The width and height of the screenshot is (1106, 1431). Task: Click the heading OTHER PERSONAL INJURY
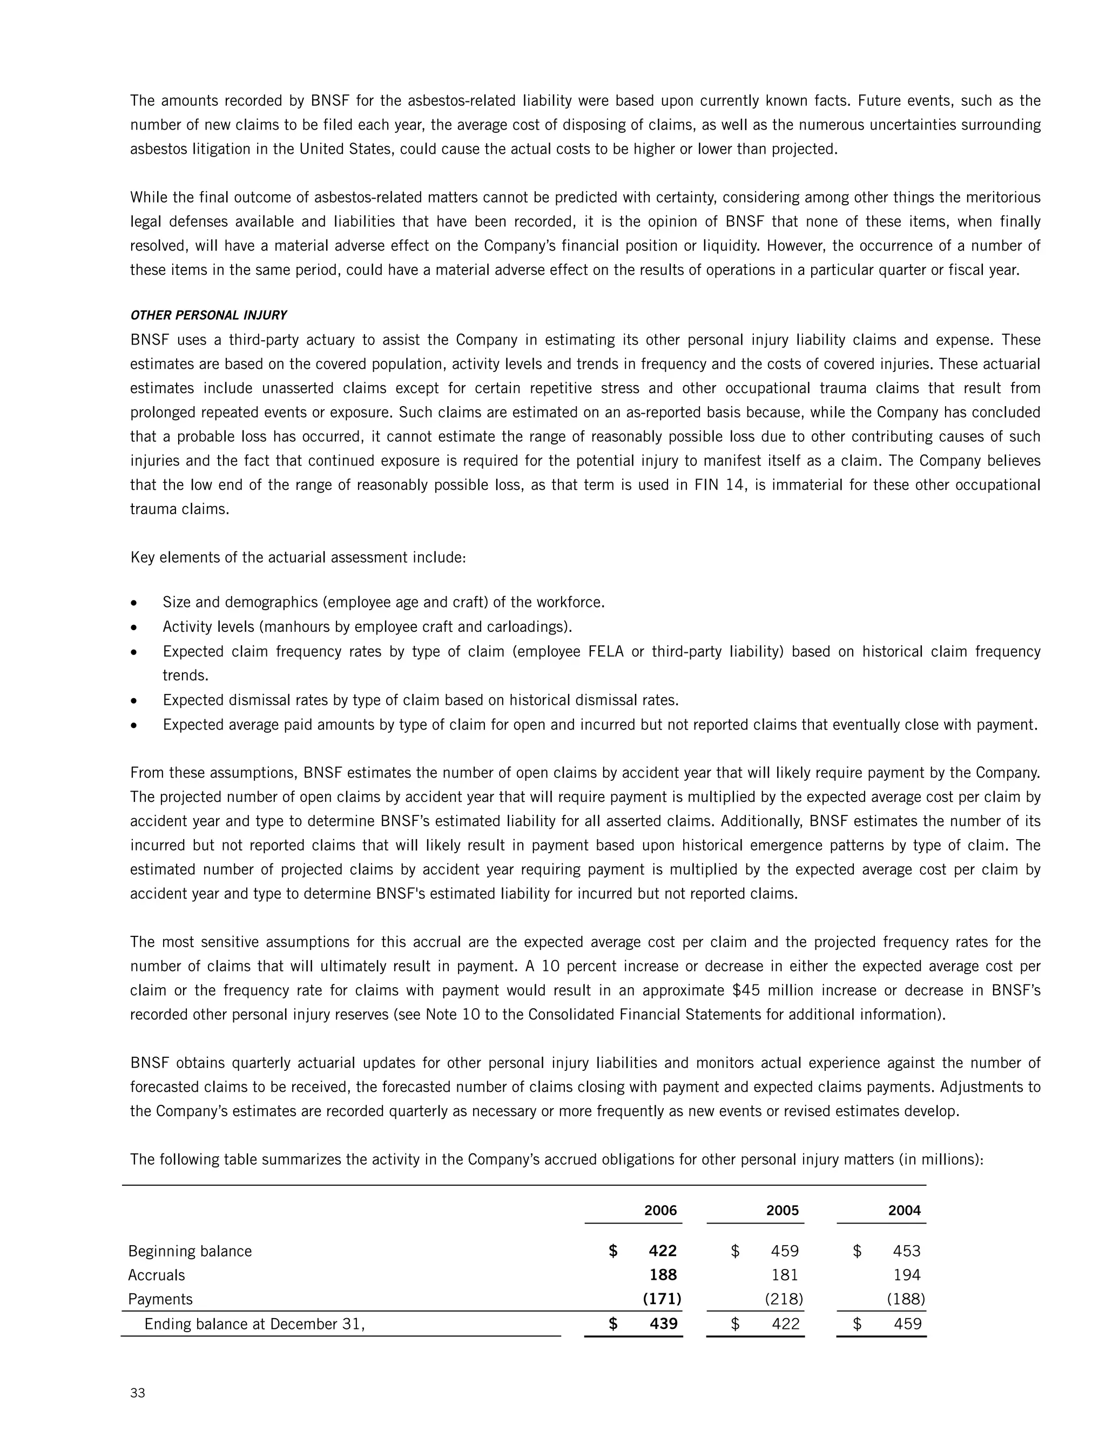[208, 315]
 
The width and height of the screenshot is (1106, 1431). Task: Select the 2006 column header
[660, 1210]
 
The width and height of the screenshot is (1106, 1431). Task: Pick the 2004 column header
[904, 1210]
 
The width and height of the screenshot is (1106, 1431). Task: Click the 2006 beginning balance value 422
[663, 1251]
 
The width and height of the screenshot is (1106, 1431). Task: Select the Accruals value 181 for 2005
[785, 1275]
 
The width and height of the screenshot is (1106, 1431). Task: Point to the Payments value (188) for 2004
[906, 1299]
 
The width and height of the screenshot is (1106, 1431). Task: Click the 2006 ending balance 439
[663, 1324]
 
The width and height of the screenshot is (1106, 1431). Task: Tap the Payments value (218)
[784, 1299]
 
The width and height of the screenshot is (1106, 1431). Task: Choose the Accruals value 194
[907, 1275]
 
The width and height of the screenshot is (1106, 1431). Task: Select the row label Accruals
[157, 1275]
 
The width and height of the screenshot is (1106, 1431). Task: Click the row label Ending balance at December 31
[254, 1324]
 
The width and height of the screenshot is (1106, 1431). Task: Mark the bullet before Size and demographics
[134, 602]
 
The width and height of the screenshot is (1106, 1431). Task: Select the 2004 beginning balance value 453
[907, 1251]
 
